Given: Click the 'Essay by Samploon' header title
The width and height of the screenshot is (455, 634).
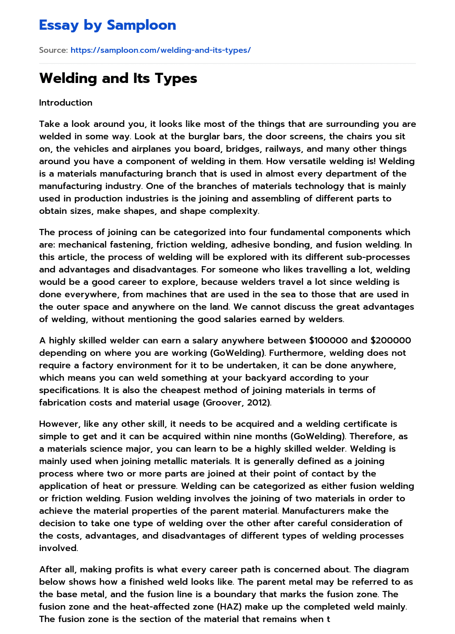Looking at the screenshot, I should point(108,25).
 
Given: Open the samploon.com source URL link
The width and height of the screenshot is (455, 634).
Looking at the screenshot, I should point(160,50).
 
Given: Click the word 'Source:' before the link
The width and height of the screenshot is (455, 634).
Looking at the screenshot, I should point(53,50).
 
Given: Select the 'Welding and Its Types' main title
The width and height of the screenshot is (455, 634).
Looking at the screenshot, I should point(118,78).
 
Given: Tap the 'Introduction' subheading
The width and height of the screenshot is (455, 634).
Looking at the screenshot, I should point(66,102).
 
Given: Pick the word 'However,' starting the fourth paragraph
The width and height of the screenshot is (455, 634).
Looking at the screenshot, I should point(58,424).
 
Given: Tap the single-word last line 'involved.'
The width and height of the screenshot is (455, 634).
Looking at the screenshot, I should point(59,548).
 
